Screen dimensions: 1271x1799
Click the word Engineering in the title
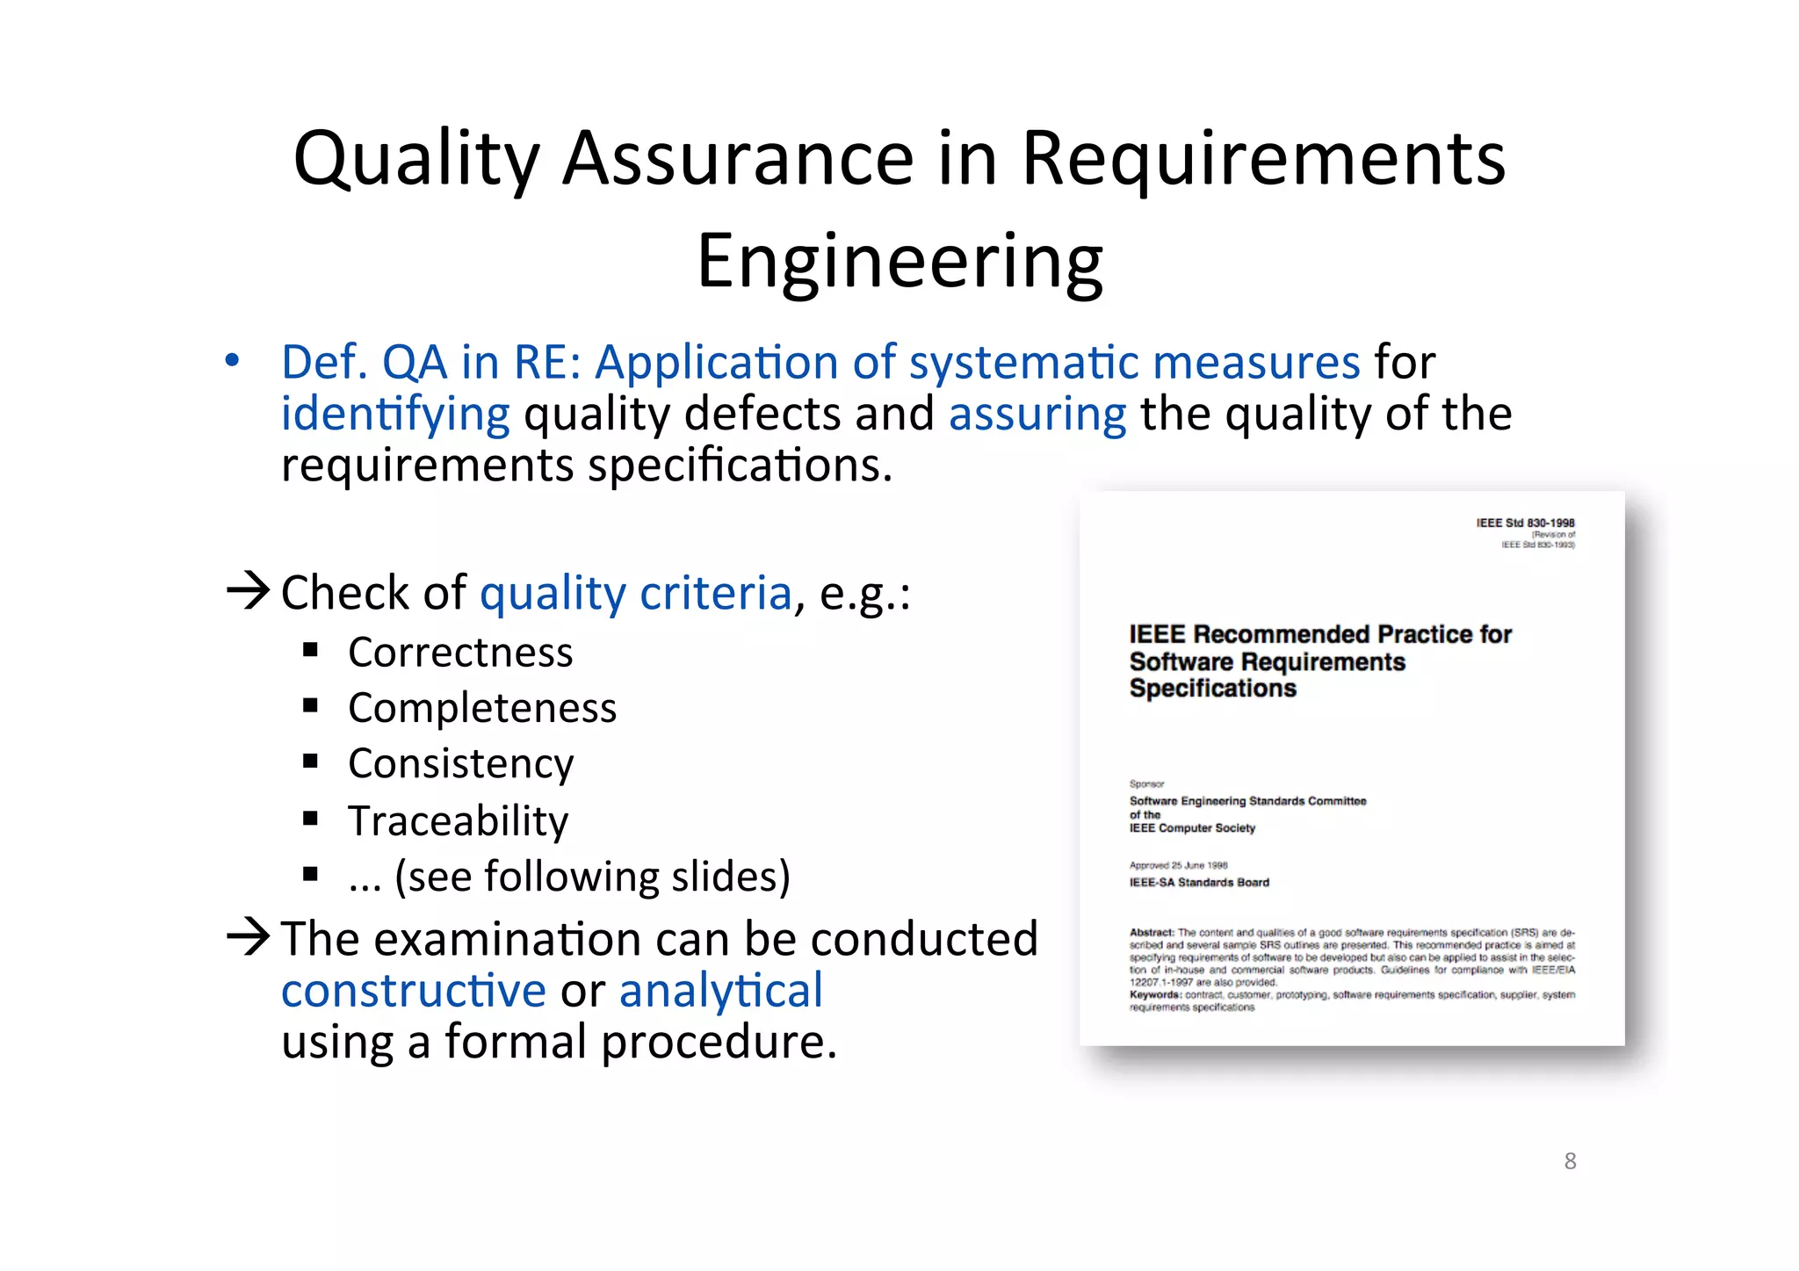tap(899, 262)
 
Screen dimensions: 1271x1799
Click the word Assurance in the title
tap(738, 160)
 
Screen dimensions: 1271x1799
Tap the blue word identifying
tap(395, 414)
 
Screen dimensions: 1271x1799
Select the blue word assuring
tap(1037, 414)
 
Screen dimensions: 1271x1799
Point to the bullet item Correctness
tap(460, 653)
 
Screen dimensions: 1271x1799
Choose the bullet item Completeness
tap(482, 708)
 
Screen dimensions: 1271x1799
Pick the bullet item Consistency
tap(460, 763)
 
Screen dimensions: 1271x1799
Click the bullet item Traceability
tap(458, 820)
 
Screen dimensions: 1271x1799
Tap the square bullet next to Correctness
tap(310, 650)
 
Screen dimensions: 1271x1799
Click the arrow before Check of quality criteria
tap(248, 590)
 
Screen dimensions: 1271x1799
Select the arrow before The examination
tap(248, 936)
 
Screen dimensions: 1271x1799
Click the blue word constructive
tap(414, 991)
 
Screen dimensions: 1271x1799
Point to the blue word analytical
tap(721, 991)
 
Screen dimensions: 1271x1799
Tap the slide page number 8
tap(1570, 1161)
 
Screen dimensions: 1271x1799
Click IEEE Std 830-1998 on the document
tap(1525, 523)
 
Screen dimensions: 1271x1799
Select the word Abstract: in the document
tap(1152, 932)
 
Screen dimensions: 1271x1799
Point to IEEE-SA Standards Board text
tap(1199, 883)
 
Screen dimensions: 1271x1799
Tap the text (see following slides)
tap(592, 877)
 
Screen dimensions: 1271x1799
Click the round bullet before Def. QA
tap(232, 360)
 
